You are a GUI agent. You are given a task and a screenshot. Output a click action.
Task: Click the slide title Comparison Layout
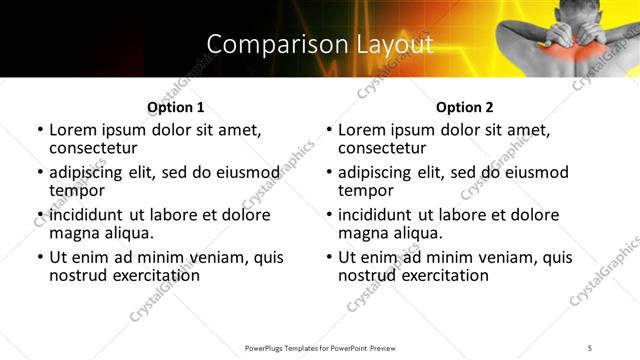[x=320, y=45]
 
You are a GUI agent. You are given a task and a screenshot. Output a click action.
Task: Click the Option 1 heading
[x=176, y=107]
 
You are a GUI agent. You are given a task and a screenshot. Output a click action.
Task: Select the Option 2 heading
[x=465, y=107]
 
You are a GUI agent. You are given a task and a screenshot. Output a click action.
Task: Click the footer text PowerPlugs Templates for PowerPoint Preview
[x=320, y=347]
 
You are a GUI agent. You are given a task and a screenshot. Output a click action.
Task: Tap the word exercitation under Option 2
[x=441, y=275]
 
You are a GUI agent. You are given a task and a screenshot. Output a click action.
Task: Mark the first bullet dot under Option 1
[x=40, y=131]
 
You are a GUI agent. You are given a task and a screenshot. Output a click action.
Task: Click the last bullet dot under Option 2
[x=329, y=258]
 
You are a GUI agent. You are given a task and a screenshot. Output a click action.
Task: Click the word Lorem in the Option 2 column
[x=361, y=130]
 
